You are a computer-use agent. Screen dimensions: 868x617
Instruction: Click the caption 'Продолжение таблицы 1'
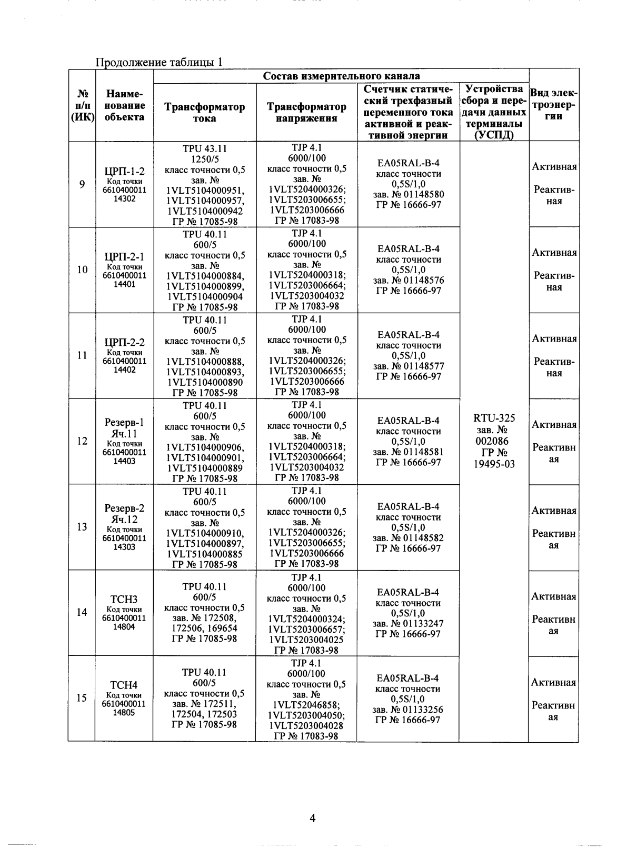pyautogui.click(x=158, y=62)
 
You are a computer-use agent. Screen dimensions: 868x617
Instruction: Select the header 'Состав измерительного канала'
pyautogui.click(x=341, y=76)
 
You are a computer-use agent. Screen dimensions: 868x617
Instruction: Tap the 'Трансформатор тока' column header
pyautogui.click(x=204, y=113)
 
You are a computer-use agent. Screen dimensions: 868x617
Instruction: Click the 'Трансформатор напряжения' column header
pyautogui.click(x=306, y=113)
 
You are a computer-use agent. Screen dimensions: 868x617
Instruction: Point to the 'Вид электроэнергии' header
pyautogui.click(x=553, y=105)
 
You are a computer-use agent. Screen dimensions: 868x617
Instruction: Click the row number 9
pyautogui.click(x=82, y=184)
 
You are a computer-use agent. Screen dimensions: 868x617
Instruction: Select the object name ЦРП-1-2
pyautogui.click(x=124, y=171)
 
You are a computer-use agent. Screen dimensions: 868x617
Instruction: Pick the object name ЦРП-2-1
pyautogui.click(x=124, y=257)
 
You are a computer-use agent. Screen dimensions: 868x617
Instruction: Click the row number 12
pyautogui.click(x=82, y=441)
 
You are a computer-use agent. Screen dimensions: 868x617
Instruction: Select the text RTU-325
pyautogui.click(x=494, y=418)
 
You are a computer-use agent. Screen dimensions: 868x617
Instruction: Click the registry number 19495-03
pyautogui.click(x=494, y=464)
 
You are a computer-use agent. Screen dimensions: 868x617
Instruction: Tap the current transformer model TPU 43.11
pyautogui.click(x=205, y=149)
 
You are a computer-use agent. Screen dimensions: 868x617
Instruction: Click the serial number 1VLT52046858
pyautogui.click(x=306, y=705)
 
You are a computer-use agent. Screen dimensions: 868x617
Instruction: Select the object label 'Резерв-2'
pyautogui.click(x=124, y=509)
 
